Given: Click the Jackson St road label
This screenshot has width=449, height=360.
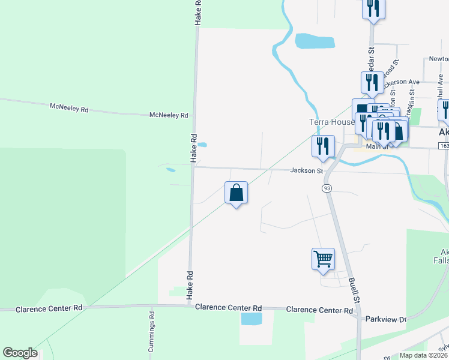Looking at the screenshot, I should [307, 170].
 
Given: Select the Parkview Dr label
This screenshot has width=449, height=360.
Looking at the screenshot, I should [386, 319].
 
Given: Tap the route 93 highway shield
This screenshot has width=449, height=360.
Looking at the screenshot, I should [327, 188].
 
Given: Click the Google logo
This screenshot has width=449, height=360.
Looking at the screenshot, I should [20, 353].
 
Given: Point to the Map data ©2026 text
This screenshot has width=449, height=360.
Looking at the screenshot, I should [424, 355].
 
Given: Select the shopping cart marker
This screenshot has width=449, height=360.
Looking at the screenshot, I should [323, 259].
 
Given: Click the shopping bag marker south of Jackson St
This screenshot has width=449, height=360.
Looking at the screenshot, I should [237, 193].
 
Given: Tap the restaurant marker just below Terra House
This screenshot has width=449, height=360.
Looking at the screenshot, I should [324, 146].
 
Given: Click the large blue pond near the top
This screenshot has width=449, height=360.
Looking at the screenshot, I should [314, 41].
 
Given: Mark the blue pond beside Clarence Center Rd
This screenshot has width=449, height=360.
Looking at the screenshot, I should [252, 319].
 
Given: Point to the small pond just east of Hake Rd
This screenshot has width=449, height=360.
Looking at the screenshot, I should [202, 145].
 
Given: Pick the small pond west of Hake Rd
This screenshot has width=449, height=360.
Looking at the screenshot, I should [171, 170].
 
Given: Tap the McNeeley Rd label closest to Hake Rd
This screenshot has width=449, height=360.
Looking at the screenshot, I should [169, 115].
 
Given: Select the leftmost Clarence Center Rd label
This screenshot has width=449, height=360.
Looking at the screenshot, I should [49, 308].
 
